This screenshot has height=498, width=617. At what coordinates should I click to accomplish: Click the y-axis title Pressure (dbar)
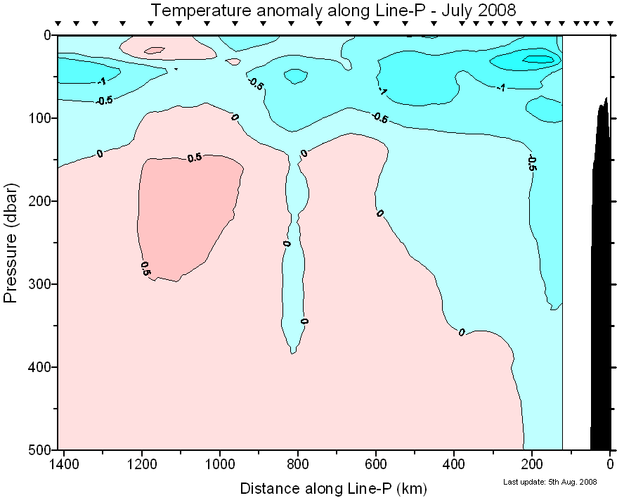pyautogui.click(x=11, y=242)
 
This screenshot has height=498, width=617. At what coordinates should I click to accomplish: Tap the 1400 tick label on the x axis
pyautogui.click(x=65, y=464)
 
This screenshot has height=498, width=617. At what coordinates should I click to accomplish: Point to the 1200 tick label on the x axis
pyautogui.click(x=142, y=464)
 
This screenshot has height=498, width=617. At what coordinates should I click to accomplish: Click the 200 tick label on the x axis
pyautogui.click(x=532, y=464)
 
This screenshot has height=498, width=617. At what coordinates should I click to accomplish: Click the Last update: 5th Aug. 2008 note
pyautogui.click(x=550, y=482)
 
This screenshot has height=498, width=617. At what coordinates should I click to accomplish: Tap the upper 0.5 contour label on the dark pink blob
pyautogui.click(x=195, y=158)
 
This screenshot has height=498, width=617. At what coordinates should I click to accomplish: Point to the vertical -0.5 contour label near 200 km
pyautogui.click(x=532, y=163)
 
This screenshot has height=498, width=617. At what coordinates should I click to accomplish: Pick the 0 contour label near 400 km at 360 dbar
pyautogui.click(x=462, y=332)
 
